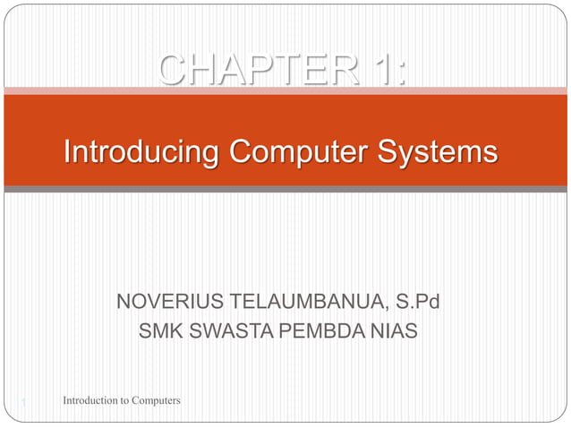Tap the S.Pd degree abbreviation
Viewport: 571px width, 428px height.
418,304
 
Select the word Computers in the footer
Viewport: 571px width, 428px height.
156,400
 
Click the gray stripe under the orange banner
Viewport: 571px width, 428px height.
285,190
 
